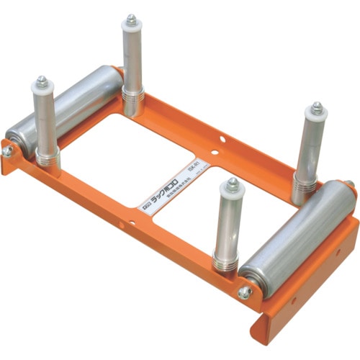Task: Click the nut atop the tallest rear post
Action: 132,19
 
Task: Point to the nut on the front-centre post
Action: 232,184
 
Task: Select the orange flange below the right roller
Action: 310,288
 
